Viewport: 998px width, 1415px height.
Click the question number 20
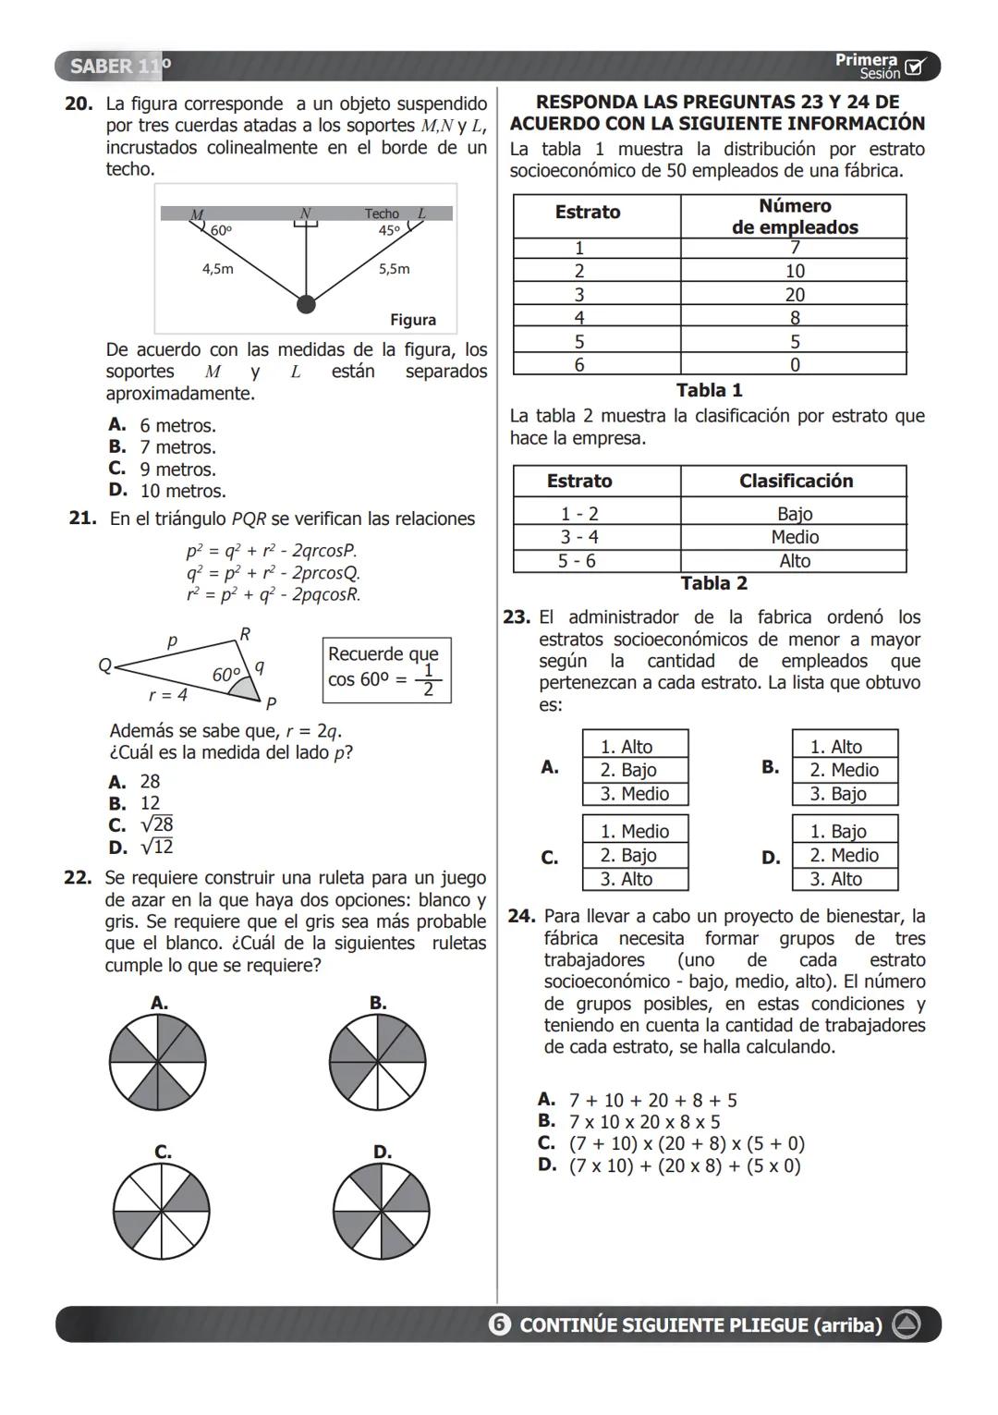tap(78, 104)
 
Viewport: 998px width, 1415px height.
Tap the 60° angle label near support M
tap(221, 230)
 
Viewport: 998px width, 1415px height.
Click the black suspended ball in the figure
tap(306, 304)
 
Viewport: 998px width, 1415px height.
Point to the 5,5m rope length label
tap(394, 269)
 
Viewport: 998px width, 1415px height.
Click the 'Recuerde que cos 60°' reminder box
tap(386, 670)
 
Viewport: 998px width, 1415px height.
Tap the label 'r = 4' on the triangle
tap(168, 694)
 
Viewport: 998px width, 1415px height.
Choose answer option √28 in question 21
tap(155, 824)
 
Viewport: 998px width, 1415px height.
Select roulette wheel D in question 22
tap(381, 1210)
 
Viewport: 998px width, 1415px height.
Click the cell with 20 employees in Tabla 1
tap(794, 295)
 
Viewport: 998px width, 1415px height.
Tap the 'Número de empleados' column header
tap(794, 216)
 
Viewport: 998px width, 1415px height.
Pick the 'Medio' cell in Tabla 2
tap(794, 537)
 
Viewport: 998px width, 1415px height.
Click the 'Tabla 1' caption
tap(709, 390)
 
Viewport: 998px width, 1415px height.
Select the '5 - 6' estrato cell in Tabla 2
tap(578, 561)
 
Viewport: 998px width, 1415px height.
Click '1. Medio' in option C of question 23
tap(634, 831)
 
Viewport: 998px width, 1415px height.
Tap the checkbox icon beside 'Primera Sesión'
tap(915, 67)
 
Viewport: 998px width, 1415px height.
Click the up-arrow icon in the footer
tap(906, 1324)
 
